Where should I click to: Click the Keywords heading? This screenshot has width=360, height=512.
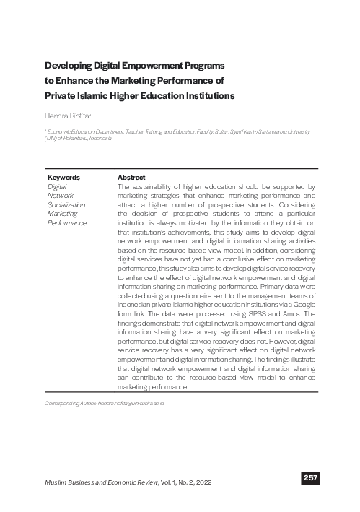coord(63,178)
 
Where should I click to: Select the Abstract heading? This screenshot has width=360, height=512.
coord(131,178)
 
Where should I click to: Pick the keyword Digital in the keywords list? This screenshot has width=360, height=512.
coord(56,186)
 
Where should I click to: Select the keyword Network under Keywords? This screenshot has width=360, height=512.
coord(60,195)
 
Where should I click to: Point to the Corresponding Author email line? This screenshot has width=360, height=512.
coord(105,402)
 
